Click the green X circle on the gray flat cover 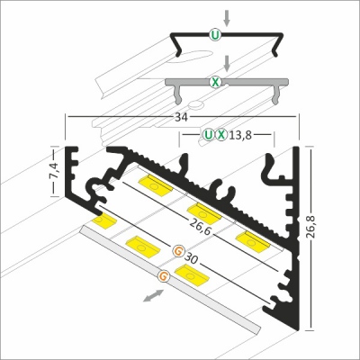coord(214,82)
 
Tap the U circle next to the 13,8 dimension coord(210,136)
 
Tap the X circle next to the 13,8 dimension coord(221,136)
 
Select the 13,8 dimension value coord(240,136)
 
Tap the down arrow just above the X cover coord(228,64)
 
